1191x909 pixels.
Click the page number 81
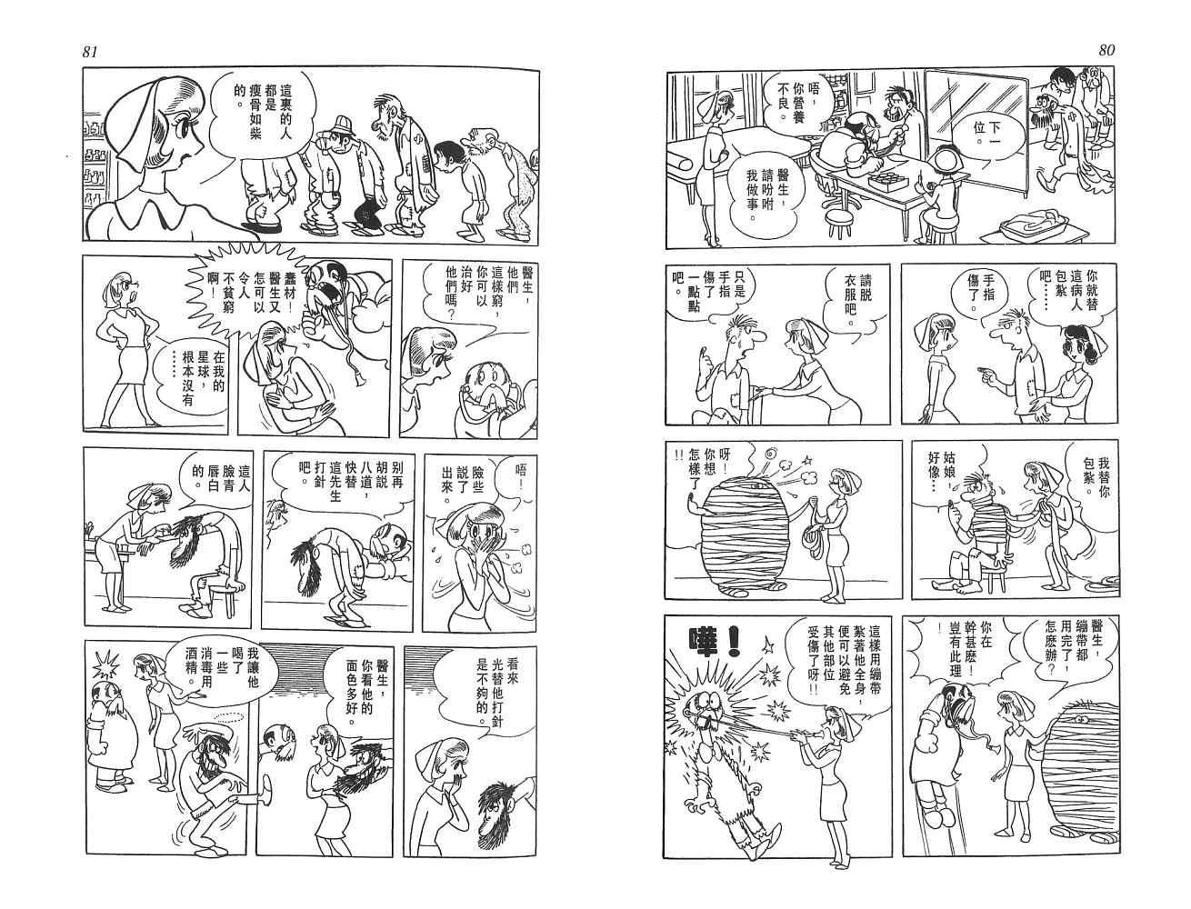89,52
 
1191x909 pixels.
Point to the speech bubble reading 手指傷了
980,295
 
